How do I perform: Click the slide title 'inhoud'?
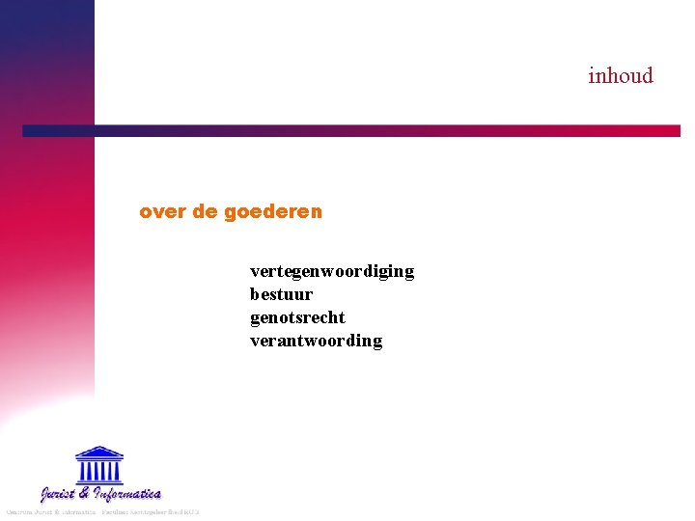click(621, 75)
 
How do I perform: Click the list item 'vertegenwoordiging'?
click(332, 272)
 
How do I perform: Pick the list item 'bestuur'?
click(281, 294)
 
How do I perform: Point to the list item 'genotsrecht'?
click(297, 317)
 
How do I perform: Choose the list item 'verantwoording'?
click(316, 341)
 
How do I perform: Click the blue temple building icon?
click(99, 465)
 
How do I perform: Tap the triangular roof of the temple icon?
click(99, 452)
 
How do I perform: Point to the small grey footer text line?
click(101, 511)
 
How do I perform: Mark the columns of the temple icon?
click(99, 470)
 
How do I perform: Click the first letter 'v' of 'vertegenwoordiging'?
click(255, 272)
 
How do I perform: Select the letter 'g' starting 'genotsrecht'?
click(255, 318)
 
